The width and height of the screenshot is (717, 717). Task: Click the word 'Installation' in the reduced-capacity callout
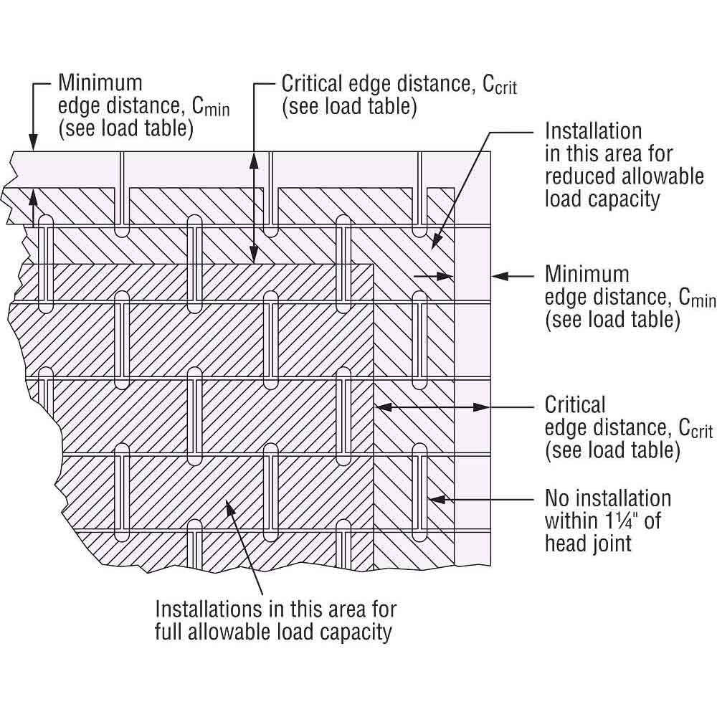(593, 131)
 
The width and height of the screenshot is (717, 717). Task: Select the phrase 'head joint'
(588, 543)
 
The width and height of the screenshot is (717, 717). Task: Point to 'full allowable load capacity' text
(274, 632)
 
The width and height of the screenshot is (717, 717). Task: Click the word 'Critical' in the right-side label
(575, 404)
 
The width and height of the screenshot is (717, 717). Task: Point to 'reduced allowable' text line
(624, 176)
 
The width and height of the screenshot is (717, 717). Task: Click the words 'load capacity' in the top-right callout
(602, 199)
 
